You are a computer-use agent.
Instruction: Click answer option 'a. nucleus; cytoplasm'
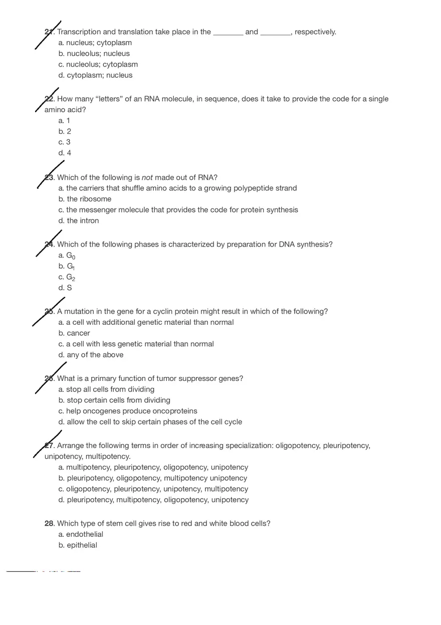95,43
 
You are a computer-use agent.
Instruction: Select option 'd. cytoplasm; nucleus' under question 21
95,75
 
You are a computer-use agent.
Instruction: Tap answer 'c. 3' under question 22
65,142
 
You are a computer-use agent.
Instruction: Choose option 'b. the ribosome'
85,199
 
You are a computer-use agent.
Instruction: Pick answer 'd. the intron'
79,221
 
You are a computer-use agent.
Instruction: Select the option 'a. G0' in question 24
67,256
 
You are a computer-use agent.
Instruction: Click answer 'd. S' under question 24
65,288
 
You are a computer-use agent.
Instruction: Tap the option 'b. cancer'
74,333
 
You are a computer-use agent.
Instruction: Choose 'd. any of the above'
91,355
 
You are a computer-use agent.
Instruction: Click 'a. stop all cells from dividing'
106,389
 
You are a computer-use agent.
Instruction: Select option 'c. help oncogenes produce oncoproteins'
128,411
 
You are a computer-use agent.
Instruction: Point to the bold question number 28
49,523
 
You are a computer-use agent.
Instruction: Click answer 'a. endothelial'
81,534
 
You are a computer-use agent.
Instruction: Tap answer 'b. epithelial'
78,545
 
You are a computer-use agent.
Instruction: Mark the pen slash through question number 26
50,378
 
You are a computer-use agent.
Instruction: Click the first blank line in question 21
228,33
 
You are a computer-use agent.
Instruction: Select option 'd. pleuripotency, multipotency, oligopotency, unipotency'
153,500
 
